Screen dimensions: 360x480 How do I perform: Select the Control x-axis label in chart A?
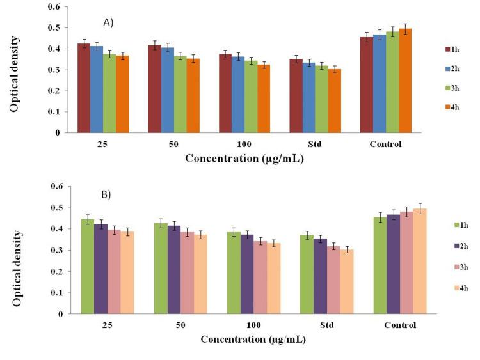pos(386,145)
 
